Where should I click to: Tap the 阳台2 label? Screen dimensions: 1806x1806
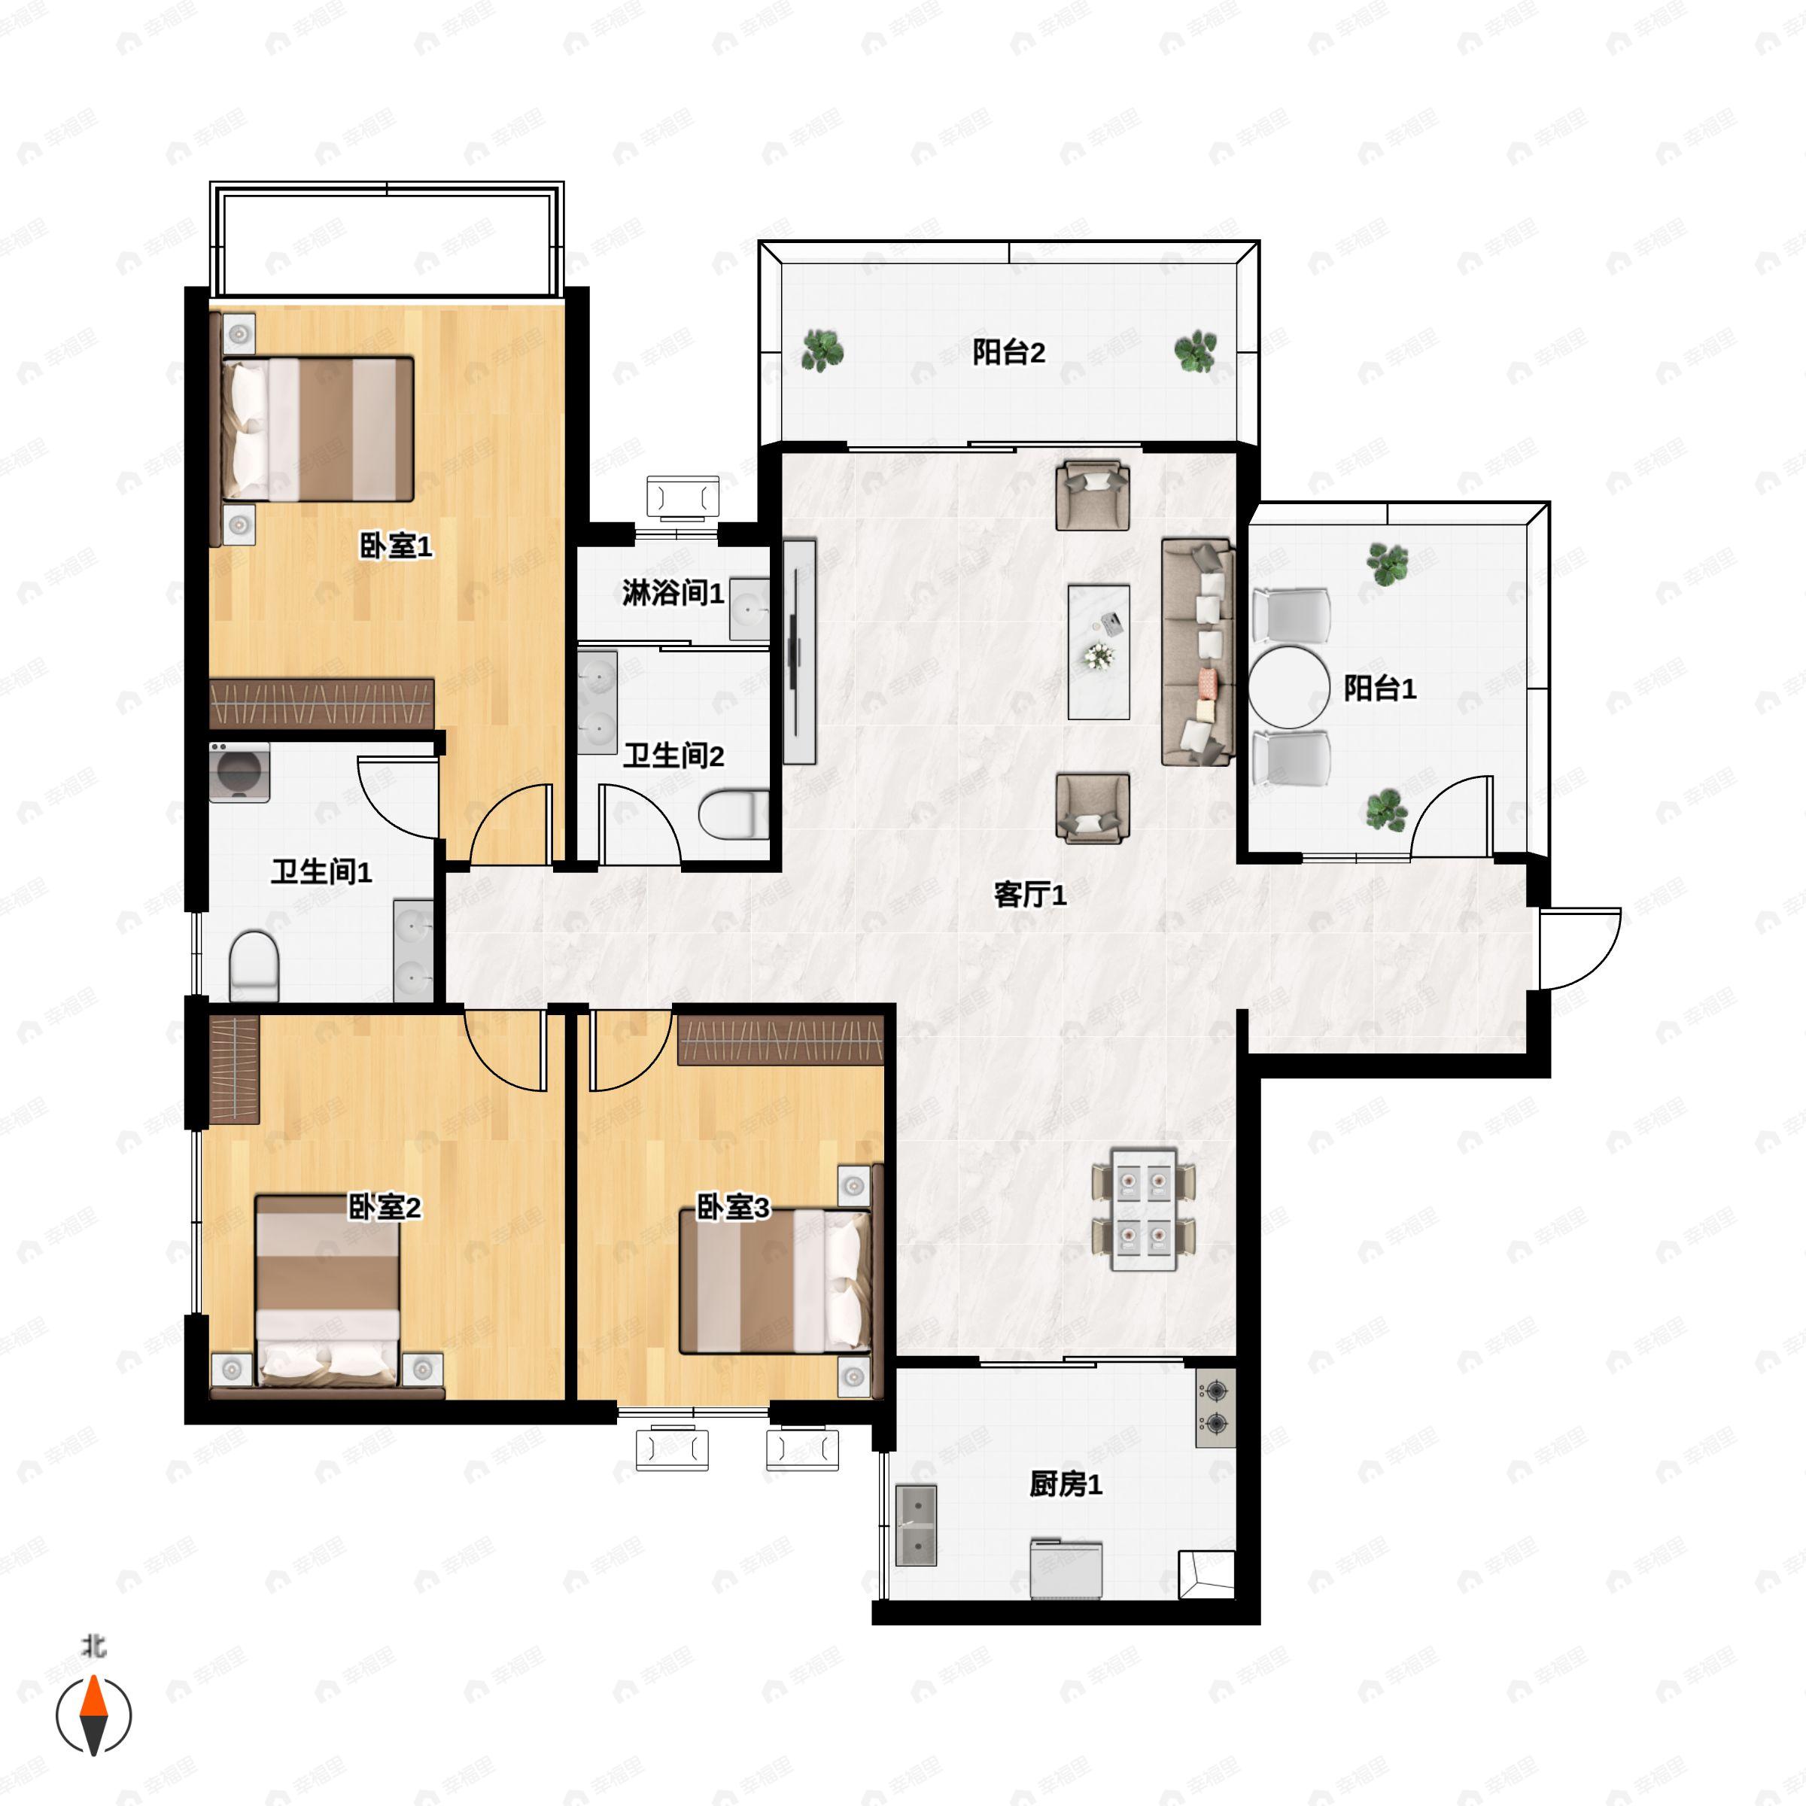pos(1008,352)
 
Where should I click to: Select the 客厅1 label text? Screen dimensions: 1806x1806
pos(1029,895)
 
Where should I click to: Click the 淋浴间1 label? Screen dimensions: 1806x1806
pos(673,593)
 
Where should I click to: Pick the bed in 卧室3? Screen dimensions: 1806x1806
pos(775,1281)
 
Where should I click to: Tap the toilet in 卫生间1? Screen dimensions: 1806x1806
pos(254,965)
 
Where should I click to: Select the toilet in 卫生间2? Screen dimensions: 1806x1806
pos(734,814)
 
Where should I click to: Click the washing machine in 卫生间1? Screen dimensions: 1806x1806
pos(239,772)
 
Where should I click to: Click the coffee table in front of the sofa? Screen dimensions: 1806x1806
pos(1099,652)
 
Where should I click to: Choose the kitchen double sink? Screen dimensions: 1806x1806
pos(916,1525)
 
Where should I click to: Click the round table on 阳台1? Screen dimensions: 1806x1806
pos(1289,687)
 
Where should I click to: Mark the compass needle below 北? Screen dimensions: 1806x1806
pos(93,1716)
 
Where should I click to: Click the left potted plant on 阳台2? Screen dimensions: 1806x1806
pos(822,351)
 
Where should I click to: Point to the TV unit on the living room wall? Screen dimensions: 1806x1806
pos(799,652)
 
